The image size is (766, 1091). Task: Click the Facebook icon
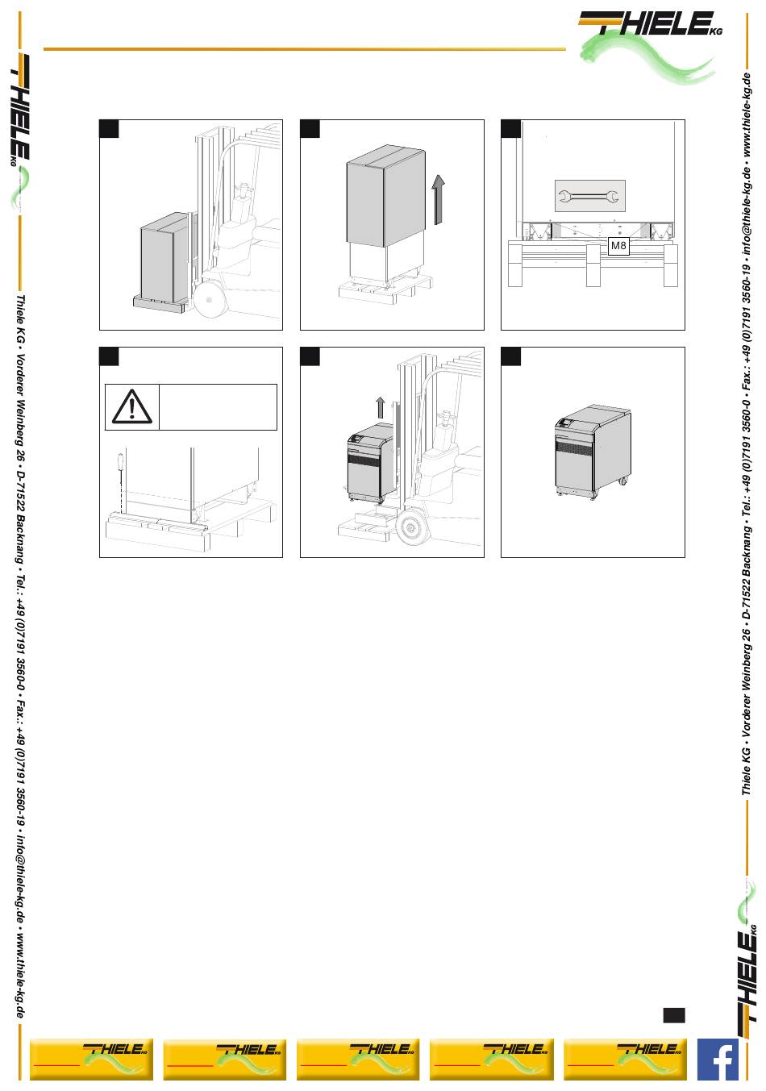pos(718,1059)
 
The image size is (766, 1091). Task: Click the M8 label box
pos(618,246)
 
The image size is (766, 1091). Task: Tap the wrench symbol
pos(589,195)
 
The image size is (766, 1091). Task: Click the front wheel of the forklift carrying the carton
pos(210,300)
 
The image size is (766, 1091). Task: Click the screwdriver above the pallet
pos(119,464)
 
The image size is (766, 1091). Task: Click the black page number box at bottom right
pos(674,1014)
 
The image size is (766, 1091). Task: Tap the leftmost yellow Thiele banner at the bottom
pos(90,1059)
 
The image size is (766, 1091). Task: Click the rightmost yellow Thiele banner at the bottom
pos(625,1059)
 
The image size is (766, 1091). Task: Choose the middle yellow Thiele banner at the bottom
pos(357,1059)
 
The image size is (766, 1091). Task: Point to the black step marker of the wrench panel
pos(510,129)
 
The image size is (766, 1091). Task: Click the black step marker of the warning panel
pos(109,356)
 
